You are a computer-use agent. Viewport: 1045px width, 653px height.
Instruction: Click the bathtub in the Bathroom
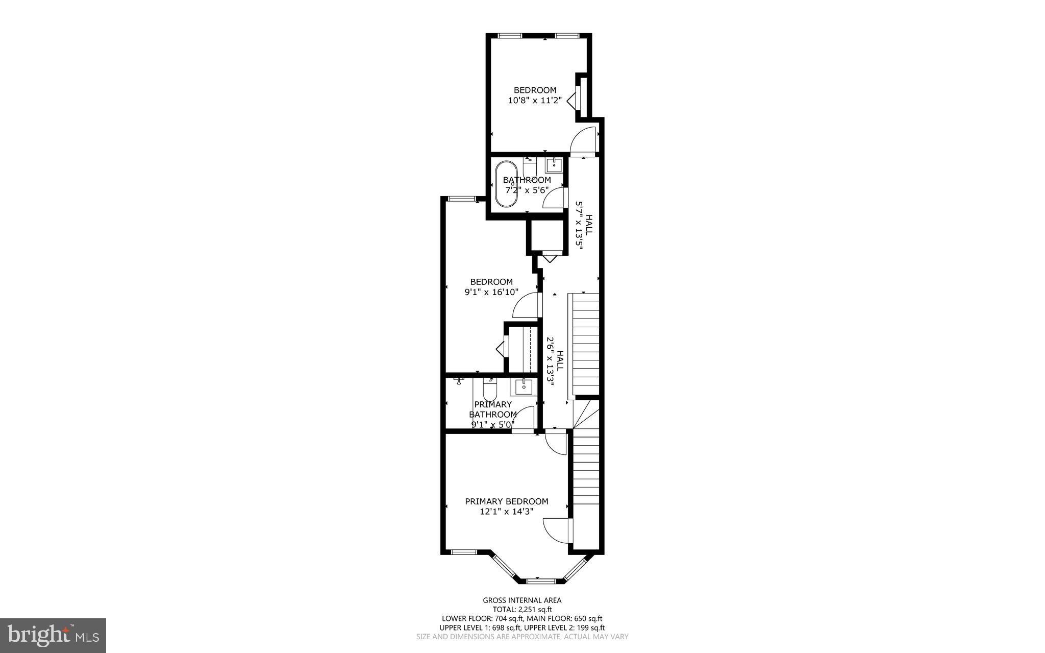pos(507,184)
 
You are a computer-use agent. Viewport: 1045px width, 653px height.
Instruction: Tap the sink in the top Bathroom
pos(554,165)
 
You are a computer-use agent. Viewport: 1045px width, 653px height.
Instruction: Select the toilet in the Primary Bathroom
pos(490,389)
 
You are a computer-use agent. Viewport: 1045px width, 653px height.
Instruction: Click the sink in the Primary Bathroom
pos(524,387)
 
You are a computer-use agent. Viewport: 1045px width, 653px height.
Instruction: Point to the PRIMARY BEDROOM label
pos(507,501)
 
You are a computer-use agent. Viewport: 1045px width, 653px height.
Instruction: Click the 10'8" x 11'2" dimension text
pos(535,101)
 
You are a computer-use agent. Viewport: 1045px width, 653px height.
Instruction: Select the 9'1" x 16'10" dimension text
pos(491,293)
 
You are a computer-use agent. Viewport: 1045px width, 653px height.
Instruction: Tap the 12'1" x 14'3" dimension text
pos(507,512)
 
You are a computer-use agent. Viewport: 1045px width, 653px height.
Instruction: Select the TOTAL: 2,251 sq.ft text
pos(522,610)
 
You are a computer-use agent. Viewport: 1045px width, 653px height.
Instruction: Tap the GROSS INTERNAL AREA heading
pos(522,600)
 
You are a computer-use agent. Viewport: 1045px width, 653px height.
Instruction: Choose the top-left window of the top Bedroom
pos(510,36)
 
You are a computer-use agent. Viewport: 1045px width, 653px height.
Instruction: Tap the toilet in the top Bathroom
pos(529,166)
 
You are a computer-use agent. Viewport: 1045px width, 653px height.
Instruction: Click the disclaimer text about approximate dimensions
pos(522,637)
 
